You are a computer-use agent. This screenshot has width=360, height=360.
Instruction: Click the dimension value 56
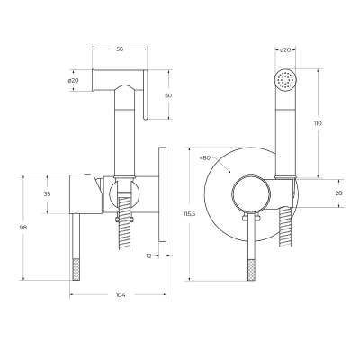(120, 49)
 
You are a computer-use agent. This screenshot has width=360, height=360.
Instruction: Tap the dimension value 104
(121, 295)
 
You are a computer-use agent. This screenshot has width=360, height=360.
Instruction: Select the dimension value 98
(23, 228)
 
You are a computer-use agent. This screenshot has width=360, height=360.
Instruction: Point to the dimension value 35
(47, 194)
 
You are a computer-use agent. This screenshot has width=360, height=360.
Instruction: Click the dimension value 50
(168, 95)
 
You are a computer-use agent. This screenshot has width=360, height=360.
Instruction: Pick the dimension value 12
(148, 256)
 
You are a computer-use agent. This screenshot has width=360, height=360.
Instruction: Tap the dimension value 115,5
(190, 214)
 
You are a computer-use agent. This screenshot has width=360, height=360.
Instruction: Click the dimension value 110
(318, 123)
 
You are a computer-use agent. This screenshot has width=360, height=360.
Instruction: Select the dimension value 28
(338, 193)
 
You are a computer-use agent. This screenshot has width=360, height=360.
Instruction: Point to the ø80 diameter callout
(205, 158)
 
